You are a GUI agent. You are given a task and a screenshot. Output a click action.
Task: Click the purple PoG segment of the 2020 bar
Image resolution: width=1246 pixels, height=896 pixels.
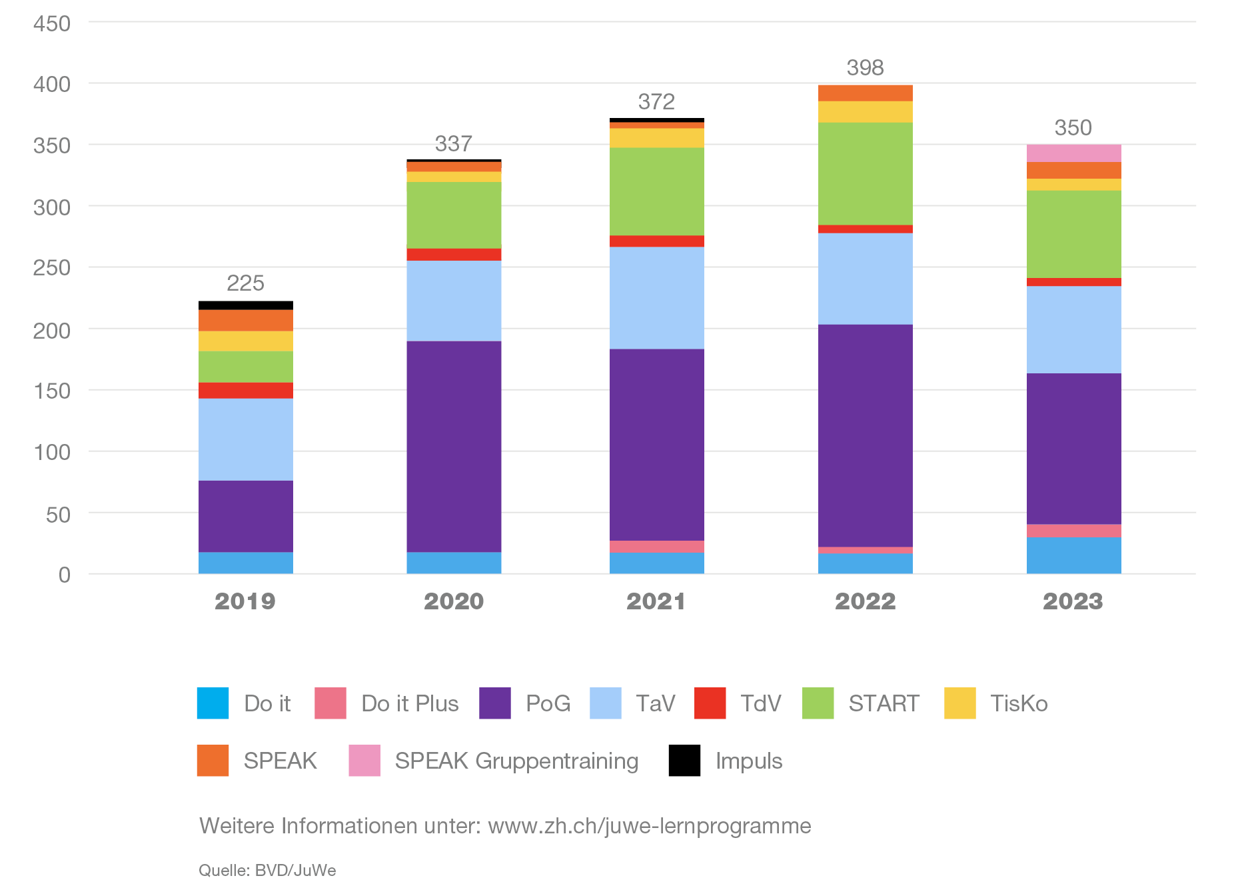coord(454,446)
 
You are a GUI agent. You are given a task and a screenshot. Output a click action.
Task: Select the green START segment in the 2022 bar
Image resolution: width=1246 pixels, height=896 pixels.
coord(865,173)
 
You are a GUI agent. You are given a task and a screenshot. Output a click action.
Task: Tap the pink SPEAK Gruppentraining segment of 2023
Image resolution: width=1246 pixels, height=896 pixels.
coord(1073,153)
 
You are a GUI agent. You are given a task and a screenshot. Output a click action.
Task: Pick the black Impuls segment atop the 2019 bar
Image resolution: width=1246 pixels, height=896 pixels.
coord(246,305)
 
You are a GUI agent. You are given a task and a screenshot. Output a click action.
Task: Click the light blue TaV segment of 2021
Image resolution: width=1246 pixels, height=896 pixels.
coord(656,298)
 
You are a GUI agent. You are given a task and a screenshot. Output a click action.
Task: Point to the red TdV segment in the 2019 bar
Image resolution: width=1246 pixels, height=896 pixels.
coord(246,391)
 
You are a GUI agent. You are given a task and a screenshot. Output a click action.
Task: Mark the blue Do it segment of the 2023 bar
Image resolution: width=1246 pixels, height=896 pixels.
coord(1073,555)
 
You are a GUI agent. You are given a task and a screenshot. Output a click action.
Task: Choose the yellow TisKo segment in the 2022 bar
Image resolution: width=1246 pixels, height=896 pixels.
coord(865,112)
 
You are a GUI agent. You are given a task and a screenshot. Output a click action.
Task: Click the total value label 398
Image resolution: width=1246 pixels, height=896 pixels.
coord(865,67)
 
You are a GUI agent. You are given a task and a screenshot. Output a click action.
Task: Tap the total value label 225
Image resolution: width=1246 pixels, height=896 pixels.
coord(246,283)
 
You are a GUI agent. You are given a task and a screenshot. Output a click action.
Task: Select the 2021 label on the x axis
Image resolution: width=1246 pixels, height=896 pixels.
coord(656,601)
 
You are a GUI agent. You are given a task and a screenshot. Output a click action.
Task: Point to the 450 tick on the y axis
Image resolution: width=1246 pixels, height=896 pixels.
coord(52,24)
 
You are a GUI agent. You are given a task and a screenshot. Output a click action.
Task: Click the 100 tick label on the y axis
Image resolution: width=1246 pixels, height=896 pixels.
coord(52,453)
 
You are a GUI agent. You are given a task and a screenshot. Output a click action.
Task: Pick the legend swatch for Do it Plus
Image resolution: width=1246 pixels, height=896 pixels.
coord(330,703)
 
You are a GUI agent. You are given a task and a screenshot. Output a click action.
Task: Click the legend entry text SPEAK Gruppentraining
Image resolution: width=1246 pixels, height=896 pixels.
coord(516,761)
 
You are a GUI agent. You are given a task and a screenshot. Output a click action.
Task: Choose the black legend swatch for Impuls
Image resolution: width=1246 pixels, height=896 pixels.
coord(684,761)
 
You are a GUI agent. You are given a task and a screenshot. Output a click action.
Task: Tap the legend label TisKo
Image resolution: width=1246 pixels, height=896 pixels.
coord(1019,703)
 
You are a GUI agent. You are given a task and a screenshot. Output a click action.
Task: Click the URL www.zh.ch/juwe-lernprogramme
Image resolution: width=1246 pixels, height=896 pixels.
coord(650,826)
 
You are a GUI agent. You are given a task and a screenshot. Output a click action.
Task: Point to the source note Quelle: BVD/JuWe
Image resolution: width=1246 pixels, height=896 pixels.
coord(267,871)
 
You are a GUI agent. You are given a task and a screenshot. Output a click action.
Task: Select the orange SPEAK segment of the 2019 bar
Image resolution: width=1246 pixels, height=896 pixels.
coord(246,321)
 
